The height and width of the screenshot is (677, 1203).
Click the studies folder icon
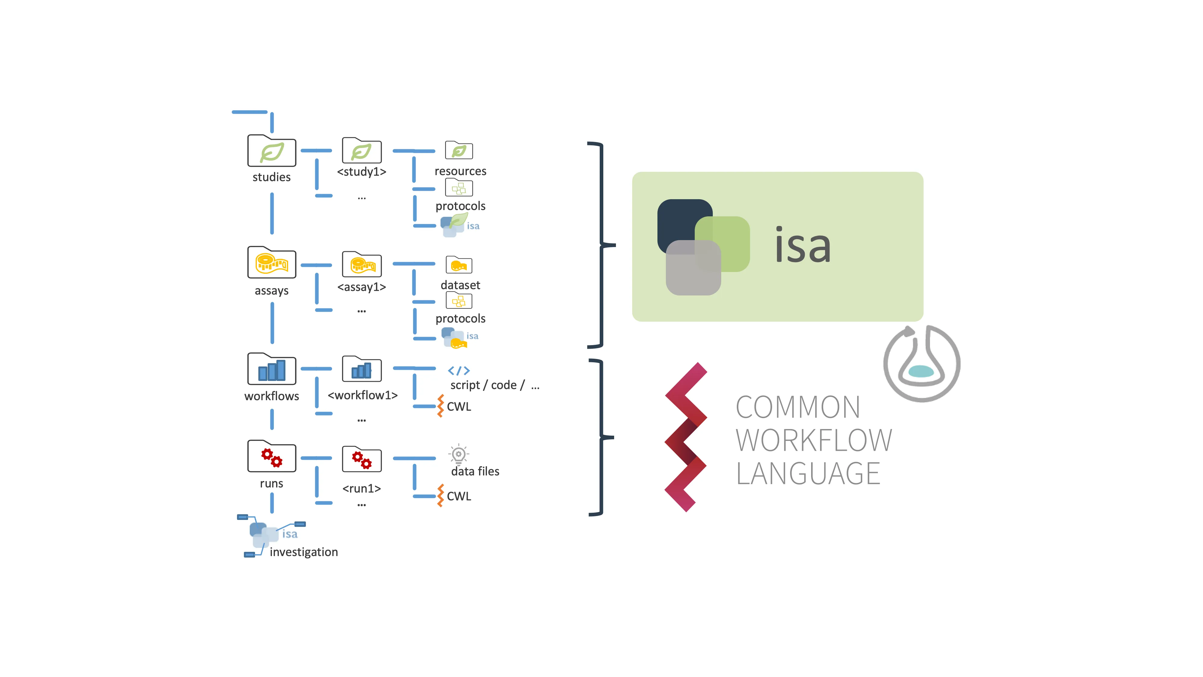(271, 151)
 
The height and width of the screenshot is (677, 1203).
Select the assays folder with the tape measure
(271, 263)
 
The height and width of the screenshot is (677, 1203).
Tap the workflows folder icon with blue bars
(271, 369)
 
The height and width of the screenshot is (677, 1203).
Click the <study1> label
(362, 172)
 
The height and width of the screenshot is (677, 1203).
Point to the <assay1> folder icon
(362, 264)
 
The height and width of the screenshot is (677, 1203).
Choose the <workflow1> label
(362, 395)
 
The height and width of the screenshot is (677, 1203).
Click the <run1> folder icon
(362, 459)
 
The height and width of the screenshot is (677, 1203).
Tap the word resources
(460, 172)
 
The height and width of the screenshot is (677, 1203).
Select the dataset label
(460, 285)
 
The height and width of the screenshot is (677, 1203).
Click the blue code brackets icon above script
(459, 370)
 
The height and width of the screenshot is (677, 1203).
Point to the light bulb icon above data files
(459, 454)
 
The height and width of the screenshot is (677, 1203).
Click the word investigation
(303, 552)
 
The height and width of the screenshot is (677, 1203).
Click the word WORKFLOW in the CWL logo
(814, 441)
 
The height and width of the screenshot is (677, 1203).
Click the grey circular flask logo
(921, 363)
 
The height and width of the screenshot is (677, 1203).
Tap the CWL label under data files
(459, 496)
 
